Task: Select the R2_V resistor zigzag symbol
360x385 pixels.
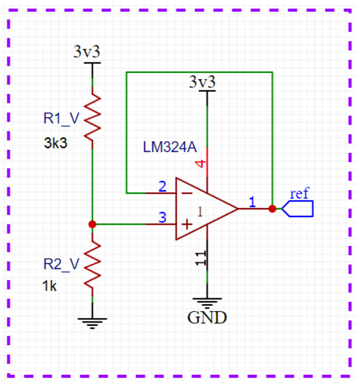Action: pyautogui.click(x=92, y=266)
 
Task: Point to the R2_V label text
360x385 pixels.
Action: pyautogui.click(x=61, y=264)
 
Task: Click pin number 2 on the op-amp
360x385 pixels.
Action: pyautogui.click(x=162, y=187)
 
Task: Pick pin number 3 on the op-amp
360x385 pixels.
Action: pyautogui.click(x=162, y=217)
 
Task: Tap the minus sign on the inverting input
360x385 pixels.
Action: pyautogui.click(x=185, y=193)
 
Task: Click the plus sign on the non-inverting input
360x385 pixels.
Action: pyautogui.click(x=185, y=224)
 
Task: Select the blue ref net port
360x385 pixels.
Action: pyautogui.click(x=298, y=209)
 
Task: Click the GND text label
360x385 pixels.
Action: pyautogui.click(x=207, y=317)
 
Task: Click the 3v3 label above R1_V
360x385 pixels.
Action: pyautogui.click(x=87, y=52)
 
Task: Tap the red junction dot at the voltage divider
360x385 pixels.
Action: pyautogui.click(x=92, y=224)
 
